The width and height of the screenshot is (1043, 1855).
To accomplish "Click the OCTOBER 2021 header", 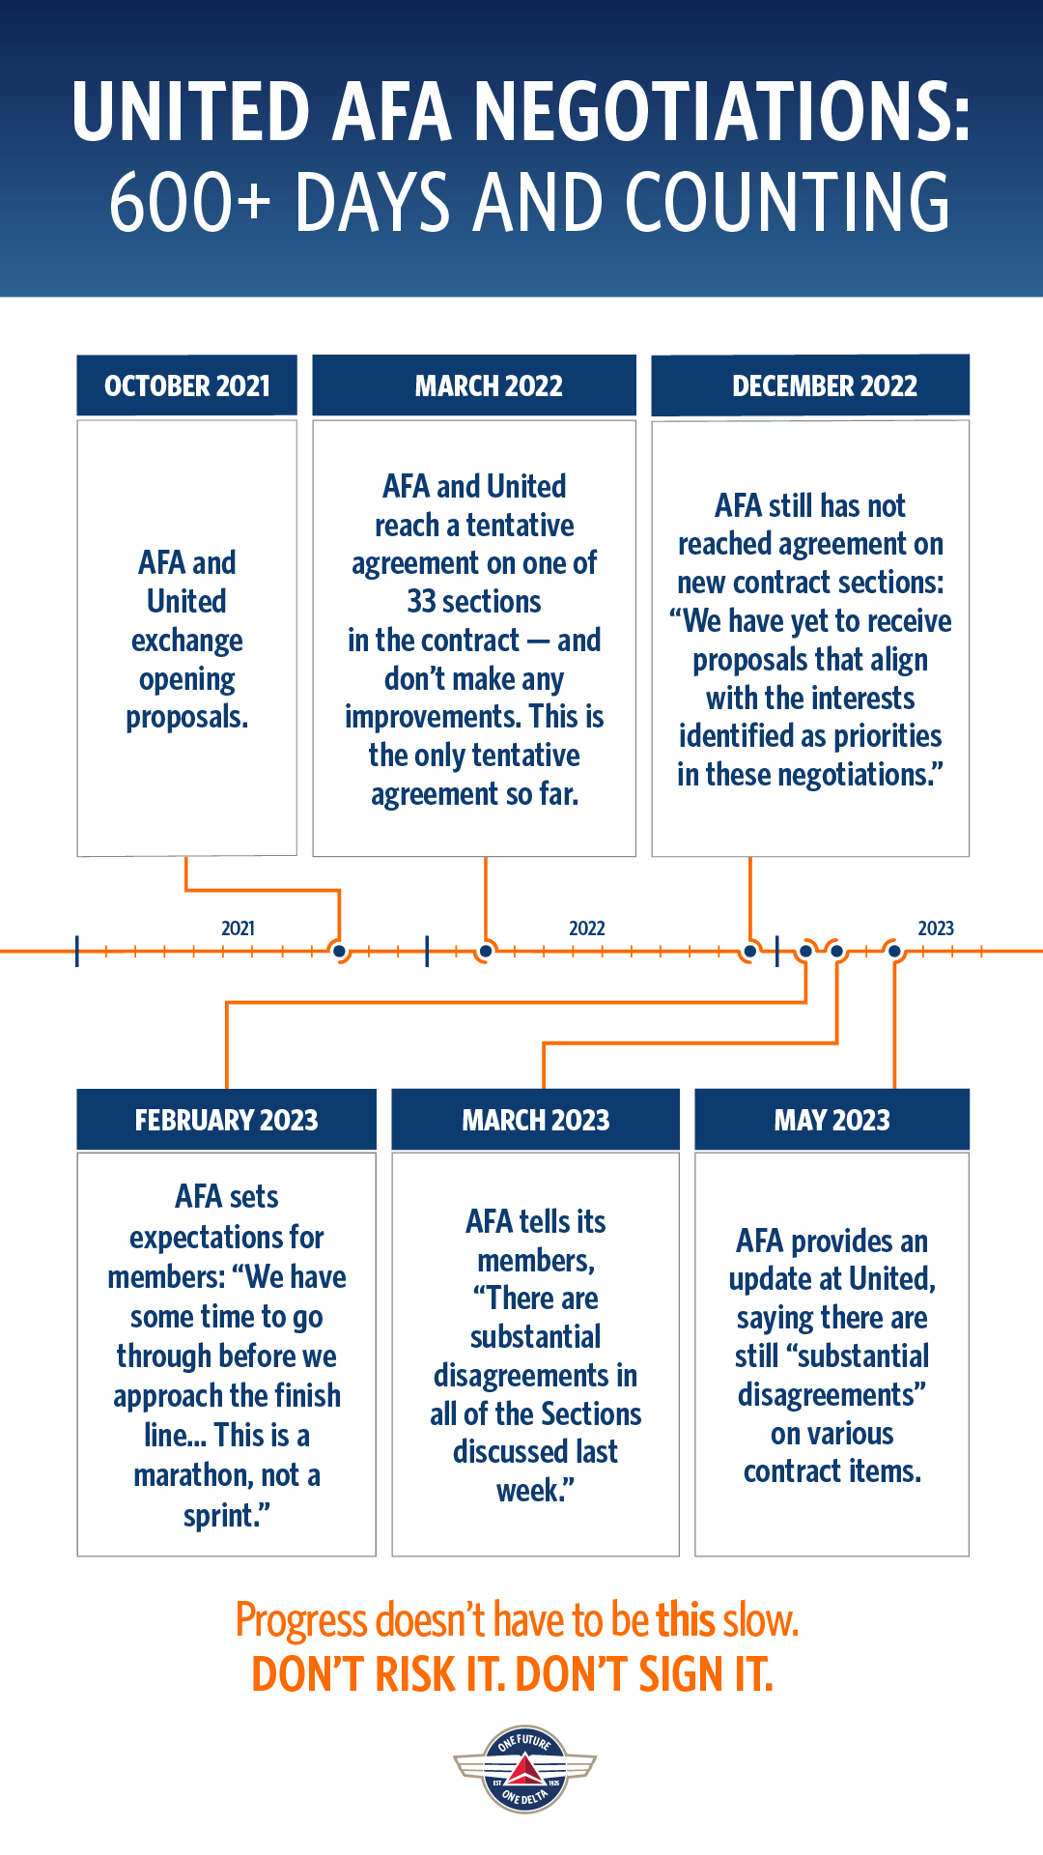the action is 187,385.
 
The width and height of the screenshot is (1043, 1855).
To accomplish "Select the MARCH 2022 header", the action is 474,385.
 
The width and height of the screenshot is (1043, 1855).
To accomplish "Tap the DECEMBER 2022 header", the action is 810,385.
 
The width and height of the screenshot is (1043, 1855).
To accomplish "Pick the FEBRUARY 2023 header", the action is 227,1120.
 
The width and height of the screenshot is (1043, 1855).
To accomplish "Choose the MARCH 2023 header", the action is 536,1120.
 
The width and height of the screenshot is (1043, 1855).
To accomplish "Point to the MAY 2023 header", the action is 832,1120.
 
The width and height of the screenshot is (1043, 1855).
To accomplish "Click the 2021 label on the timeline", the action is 239,928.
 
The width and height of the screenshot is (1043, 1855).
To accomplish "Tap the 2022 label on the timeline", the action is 587,928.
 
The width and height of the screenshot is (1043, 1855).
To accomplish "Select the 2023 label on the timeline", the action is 936,928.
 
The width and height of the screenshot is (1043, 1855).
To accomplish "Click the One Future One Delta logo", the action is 524,1769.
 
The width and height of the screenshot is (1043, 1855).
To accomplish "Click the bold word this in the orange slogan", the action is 685,1620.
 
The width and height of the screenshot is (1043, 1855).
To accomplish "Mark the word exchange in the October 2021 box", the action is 187,641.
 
